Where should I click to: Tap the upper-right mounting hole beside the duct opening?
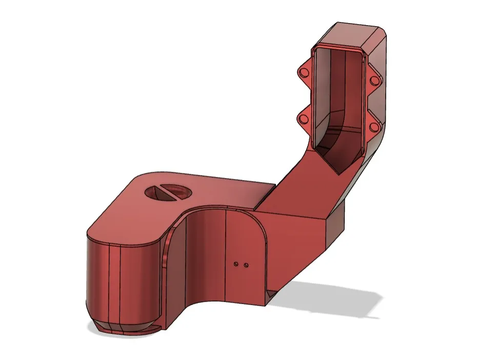[x=374, y=82]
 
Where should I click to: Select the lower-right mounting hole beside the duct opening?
[x=373, y=126]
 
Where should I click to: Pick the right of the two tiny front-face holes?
[x=247, y=265]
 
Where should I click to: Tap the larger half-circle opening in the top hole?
[x=178, y=193]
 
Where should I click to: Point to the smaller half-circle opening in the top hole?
[x=155, y=192]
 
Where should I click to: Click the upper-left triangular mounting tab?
[x=304, y=72]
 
